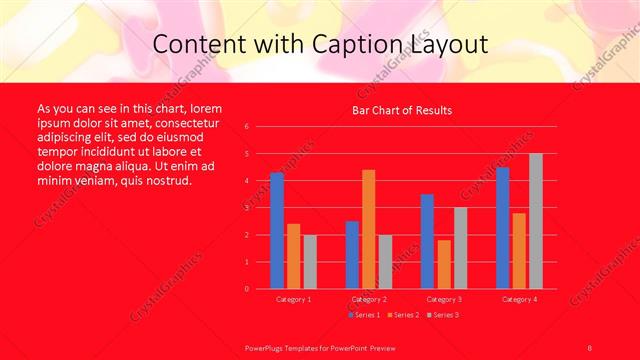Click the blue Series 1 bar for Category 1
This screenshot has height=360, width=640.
click(x=276, y=230)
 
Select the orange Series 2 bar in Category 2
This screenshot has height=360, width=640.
click(x=368, y=229)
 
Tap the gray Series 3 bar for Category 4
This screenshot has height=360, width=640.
click(x=535, y=221)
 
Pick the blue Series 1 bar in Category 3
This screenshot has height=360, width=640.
click(x=427, y=241)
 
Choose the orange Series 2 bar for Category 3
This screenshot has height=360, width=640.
click(x=444, y=264)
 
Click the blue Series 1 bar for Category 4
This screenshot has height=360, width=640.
click(x=502, y=228)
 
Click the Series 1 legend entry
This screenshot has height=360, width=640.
click(x=366, y=315)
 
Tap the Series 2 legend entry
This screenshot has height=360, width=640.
click(x=401, y=315)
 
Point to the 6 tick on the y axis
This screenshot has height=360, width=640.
click(x=246, y=127)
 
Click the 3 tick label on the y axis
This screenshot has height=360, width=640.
click(x=246, y=208)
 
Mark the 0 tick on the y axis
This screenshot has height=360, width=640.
click(x=246, y=289)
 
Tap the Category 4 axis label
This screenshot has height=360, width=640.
click(x=518, y=299)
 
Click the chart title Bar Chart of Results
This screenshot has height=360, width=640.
click(x=402, y=110)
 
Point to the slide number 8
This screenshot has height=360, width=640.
click(x=589, y=346)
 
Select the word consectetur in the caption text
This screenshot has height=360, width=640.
click(x=182, y=120)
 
